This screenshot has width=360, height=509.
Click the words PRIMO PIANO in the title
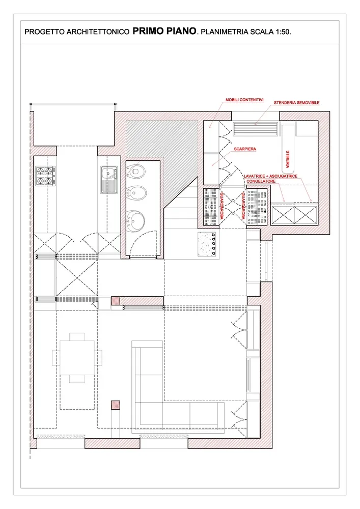164,31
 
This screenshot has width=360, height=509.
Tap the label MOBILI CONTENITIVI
244,100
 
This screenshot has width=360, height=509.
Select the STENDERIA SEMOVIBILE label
296,103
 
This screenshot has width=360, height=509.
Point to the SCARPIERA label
245,149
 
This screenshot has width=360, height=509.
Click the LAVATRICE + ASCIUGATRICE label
270,176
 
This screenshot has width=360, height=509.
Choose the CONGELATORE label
261,181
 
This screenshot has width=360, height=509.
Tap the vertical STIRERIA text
288,159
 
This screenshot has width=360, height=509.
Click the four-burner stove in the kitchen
45,176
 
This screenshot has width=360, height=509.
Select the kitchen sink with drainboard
108,180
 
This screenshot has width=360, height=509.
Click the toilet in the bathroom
135,171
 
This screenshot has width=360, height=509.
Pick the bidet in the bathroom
135,193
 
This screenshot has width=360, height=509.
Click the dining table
77,357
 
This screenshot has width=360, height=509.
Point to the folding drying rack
256,129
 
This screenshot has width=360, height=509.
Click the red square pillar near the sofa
116,405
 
